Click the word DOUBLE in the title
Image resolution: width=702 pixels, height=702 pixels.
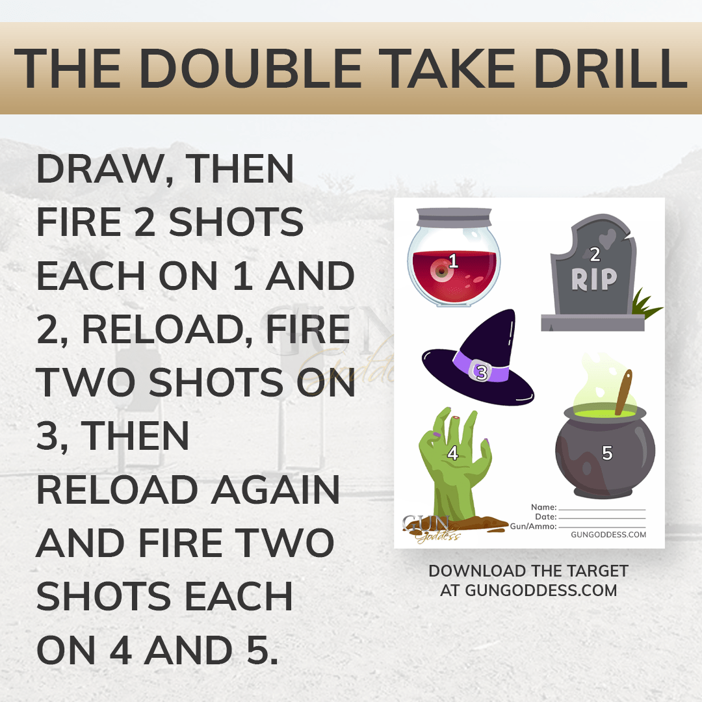click(x=250, y=68)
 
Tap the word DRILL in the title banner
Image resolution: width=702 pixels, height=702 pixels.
click(x=611, y=68)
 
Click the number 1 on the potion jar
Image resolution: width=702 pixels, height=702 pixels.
click(x=453, y=260)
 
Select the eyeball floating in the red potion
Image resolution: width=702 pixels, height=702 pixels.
click(x=441, y=270)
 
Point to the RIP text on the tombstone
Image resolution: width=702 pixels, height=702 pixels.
click(x=594, y=279)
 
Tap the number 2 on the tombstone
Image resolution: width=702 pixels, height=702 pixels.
click(x=595, y=254)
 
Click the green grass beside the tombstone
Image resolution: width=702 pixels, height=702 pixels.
click(x=645, y=304)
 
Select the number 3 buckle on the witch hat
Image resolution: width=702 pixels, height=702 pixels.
click(x=482, y=372)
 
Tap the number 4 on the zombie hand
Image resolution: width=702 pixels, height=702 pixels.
click(x=452, y=453)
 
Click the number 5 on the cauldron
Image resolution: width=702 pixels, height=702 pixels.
click(x=607, y=453)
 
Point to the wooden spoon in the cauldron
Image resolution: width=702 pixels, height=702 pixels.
click(x=623, y=392)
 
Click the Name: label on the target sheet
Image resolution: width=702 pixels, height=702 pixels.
click(x=543, y=507)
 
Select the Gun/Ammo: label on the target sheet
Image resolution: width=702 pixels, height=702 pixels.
click(x=533, y=526)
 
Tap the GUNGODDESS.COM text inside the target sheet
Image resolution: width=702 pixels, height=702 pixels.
click(x=608, y=534)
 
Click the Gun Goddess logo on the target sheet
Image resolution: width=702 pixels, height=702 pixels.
click(x=431, y=528)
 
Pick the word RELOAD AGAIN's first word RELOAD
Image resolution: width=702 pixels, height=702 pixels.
click(x=117, y=489)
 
